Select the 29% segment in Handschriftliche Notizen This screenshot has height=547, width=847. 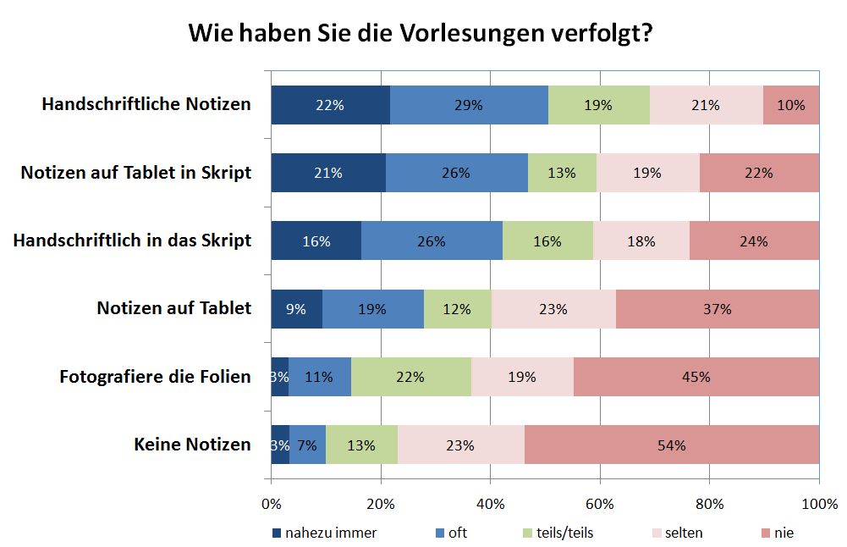coord(469,105)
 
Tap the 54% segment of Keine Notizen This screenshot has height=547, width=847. coord(672,445)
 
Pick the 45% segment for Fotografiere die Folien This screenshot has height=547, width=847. coord(696,377)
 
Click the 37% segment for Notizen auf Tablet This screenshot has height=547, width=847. coord(718,309)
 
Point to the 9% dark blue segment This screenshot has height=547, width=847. coord(296,309)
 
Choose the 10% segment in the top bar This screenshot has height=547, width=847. coord(791,105)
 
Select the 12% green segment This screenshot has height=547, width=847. coord(457,309)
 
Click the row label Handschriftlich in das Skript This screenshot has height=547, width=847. coord(132,240)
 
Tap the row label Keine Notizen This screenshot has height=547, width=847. coord(192,445)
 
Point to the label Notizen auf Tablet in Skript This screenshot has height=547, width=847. coord(136,173)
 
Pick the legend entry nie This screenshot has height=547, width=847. coord(783,533)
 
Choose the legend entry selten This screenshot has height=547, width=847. coord(683,533)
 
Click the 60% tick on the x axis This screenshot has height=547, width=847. coord(600,505)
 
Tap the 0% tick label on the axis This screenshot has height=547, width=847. coord(271,505)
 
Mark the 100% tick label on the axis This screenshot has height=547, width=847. coord(819,505)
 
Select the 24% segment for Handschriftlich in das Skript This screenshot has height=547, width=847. coord(754,240)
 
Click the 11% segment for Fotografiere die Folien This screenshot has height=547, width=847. coord(319,377)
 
